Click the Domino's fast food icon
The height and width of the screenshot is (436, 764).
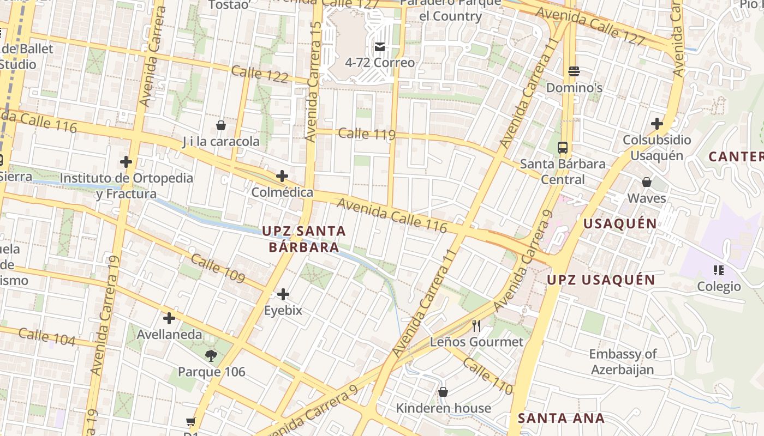pos(574,71)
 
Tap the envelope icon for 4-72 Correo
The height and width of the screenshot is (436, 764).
pos(380,47)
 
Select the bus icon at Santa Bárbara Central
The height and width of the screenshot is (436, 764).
pos(563,148)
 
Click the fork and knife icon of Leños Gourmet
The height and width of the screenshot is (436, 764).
pos(476,326)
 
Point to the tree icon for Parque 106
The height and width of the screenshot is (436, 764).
pos(211,356)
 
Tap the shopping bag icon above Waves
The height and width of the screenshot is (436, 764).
pos(647,182)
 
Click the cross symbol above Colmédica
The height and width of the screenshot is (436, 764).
pos(282,176)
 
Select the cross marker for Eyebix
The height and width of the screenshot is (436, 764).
pos(283,295)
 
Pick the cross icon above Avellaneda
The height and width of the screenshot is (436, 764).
pos(169,318)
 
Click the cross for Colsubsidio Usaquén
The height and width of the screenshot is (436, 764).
pos(657,124)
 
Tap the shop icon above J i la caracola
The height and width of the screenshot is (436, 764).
pos(221,126)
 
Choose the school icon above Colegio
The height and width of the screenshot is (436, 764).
pos(718,270)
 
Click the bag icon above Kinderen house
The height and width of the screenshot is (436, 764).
pos(443,392)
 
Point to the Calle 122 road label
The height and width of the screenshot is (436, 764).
pos(260,74)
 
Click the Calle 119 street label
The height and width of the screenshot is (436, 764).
pos(367,134)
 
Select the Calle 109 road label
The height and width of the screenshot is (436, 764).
pos(218,268)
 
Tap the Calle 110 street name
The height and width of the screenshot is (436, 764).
pos(488,376)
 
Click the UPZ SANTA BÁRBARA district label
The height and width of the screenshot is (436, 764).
pos(304,239)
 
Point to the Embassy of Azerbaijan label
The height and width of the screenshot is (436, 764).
pos(623,362)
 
